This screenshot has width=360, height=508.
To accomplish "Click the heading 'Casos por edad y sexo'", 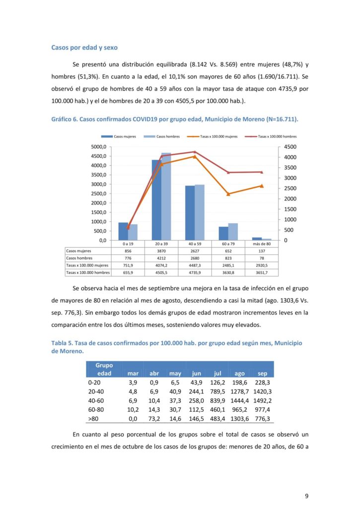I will (84, 48).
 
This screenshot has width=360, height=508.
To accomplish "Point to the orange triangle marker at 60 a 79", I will (228, 194).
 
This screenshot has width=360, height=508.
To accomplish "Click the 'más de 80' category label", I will (262, 244).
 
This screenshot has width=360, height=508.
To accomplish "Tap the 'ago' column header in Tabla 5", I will (239, 373).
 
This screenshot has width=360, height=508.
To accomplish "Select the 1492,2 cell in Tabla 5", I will (263, 400).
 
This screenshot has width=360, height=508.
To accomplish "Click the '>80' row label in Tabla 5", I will (93, 419).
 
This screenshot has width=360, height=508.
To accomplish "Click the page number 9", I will (306, 496).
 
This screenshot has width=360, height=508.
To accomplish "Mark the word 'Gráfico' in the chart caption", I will (63, 120).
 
